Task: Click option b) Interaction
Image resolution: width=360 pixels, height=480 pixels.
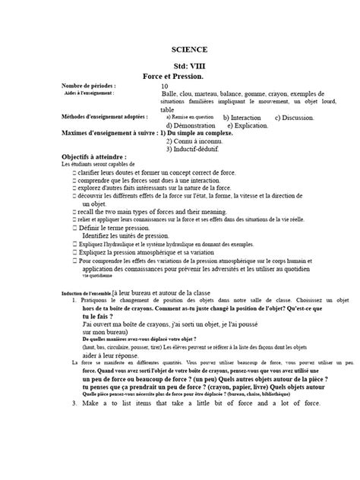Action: click(242, 118)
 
